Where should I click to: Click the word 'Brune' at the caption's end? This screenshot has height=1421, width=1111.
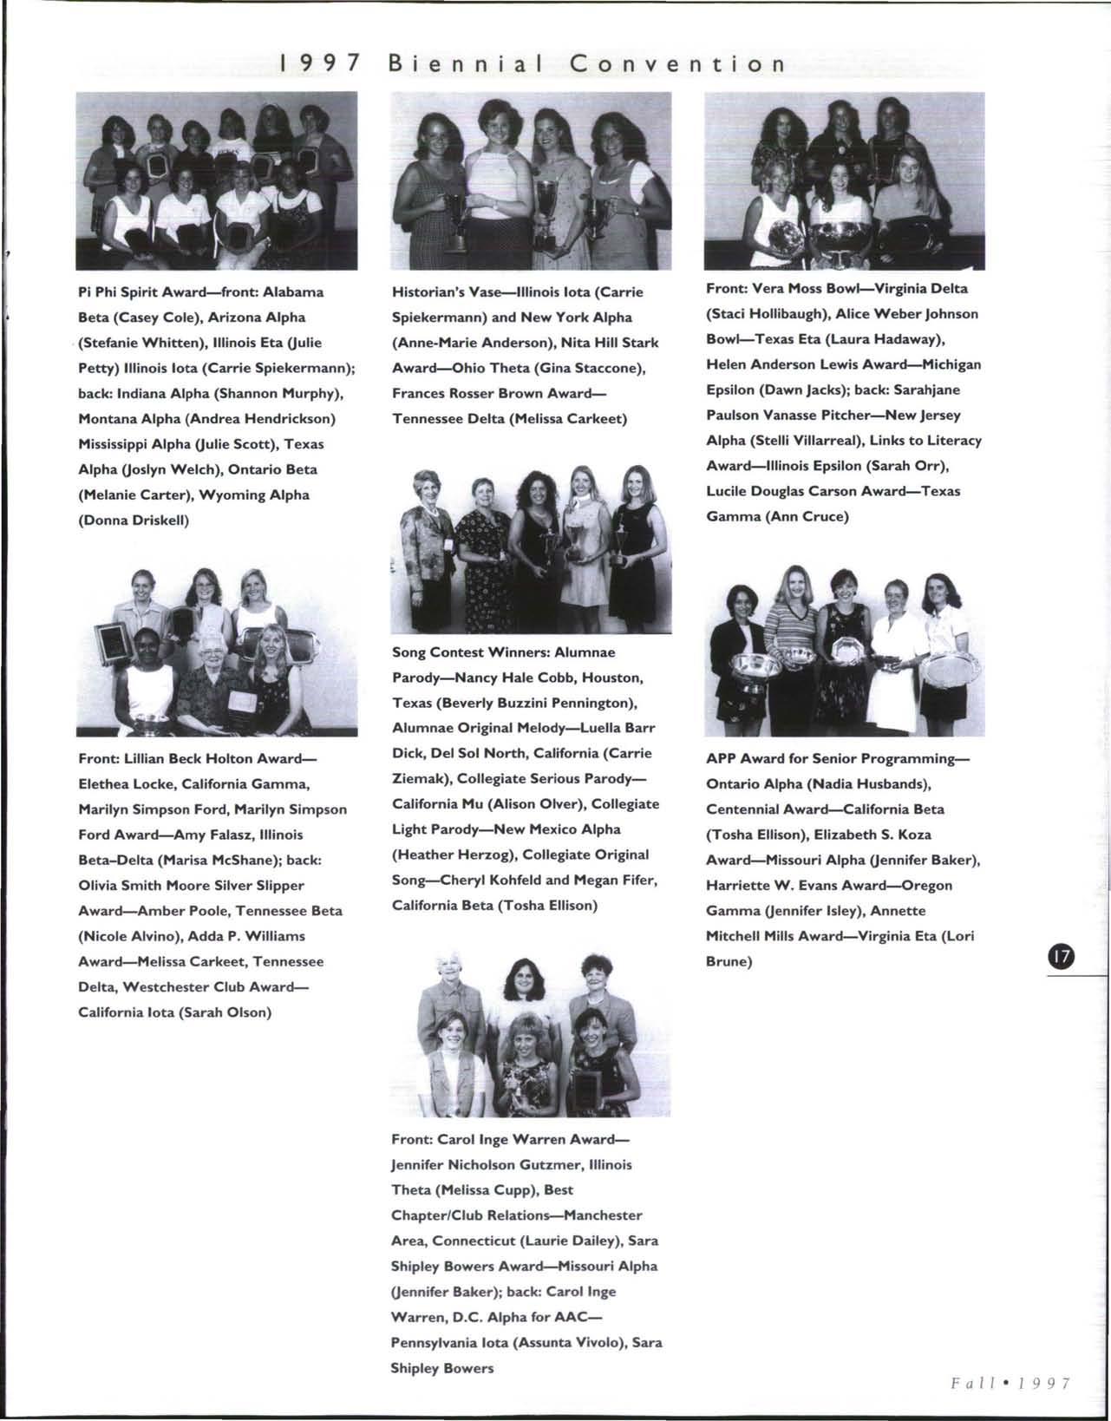click(728, 961)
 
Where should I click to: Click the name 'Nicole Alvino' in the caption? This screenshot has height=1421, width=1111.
click(126, 936)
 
